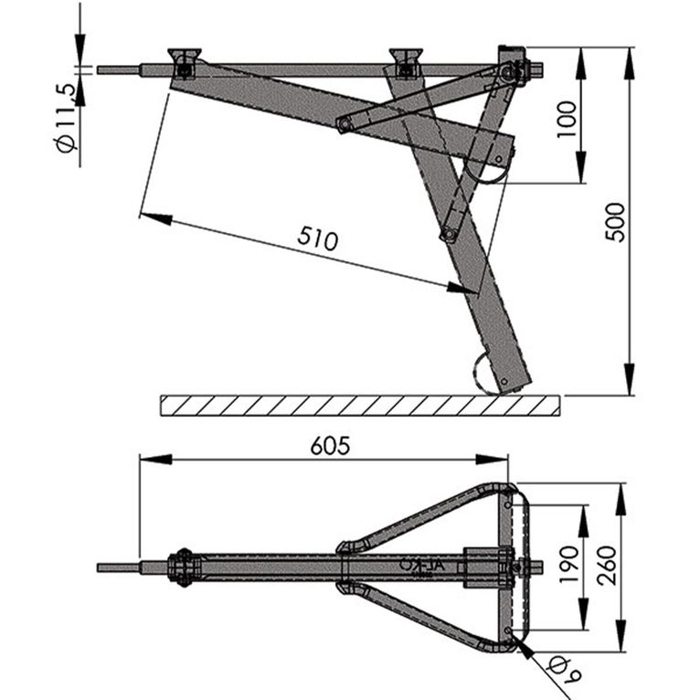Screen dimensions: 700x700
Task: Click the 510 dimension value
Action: tap(318, 239)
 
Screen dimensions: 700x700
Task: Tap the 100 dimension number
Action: tap(567, 118)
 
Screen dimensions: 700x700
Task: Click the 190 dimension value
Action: tap(567, 567)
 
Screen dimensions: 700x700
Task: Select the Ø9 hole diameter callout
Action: tap(560, 674)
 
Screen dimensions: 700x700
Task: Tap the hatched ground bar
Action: tap(361, 405)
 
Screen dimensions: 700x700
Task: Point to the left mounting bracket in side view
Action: tap(184, 62)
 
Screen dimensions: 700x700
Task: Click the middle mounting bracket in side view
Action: tap(406, 60)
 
